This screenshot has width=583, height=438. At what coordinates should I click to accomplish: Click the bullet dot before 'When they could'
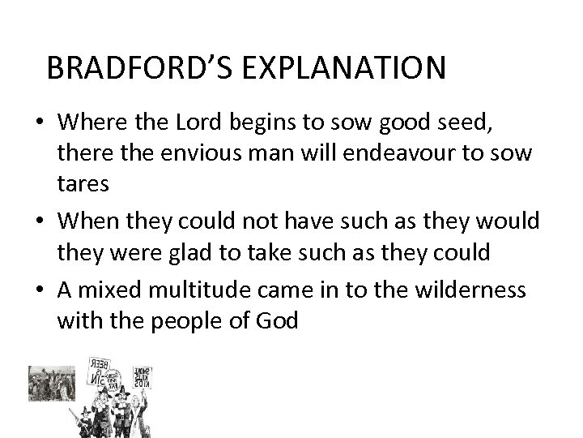click(x=39, y=218)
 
